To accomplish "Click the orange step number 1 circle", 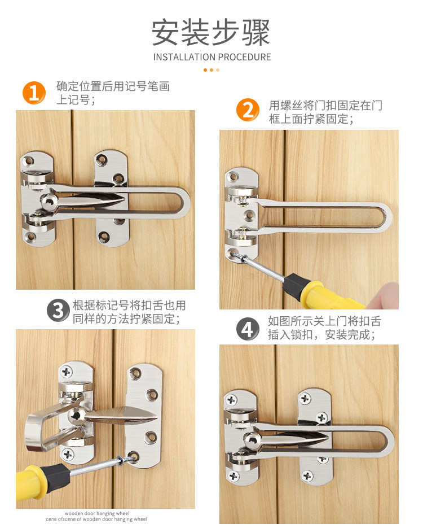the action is click(34, 93).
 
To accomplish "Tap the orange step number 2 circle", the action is click(248, 110).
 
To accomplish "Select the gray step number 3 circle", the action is click(58, 310).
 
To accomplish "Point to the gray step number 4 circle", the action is click(248, 329).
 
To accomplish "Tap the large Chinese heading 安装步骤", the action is click(211, 32).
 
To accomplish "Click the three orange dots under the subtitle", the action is click(211, 70).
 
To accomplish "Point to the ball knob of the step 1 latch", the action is click(49, 202).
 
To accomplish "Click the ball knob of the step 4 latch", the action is click(252, 440).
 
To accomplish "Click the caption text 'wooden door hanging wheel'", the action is click(97, 513).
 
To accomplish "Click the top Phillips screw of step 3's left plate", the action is click(66, 372).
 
